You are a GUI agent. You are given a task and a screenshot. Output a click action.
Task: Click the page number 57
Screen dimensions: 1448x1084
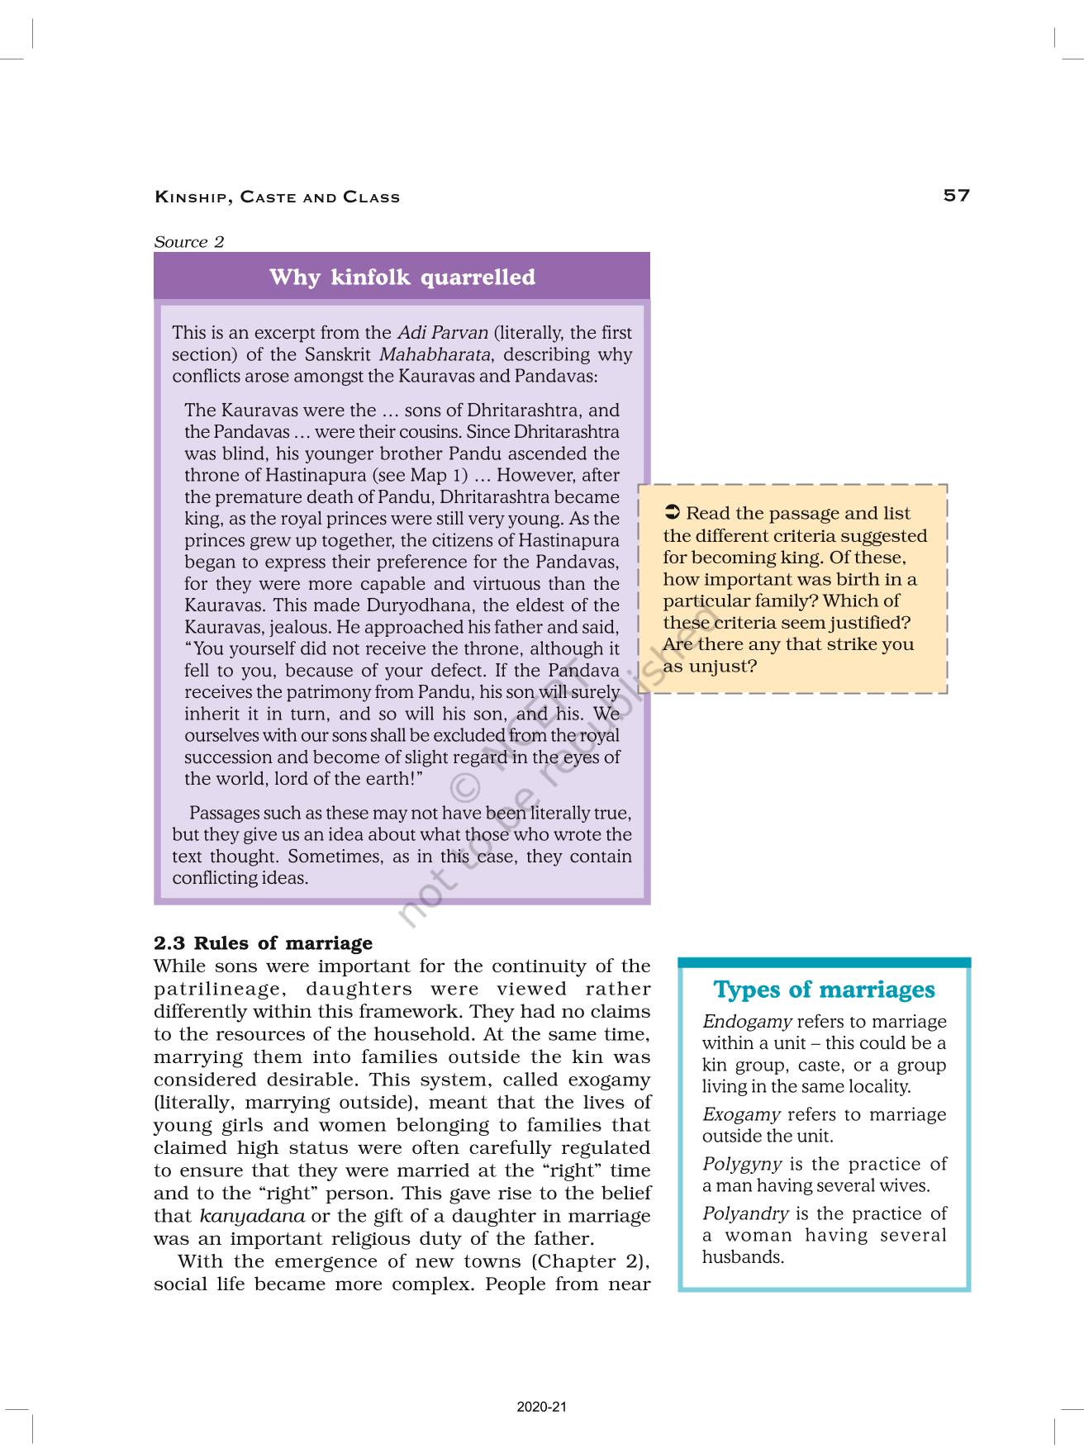pos(956,196)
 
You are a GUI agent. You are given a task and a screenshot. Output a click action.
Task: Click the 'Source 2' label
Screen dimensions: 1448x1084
pos(188,242)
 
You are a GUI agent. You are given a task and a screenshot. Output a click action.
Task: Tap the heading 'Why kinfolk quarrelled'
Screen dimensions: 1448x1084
pos(402,277)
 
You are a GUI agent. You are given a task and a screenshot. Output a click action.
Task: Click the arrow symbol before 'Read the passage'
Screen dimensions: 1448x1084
pos(672,513)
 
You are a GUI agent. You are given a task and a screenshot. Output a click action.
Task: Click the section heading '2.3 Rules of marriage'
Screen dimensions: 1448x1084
pos(263,943)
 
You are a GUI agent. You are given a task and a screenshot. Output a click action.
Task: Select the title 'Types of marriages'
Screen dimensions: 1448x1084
pos(824,990)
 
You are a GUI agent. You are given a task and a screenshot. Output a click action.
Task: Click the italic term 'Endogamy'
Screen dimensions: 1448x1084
pos(747,1022)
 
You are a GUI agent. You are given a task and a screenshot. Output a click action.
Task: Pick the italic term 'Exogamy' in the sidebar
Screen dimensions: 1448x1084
pos(741,1114)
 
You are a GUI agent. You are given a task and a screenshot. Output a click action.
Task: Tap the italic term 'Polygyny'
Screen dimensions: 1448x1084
pos(742,1164)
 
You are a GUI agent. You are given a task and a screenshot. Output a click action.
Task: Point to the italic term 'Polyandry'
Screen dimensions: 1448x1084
pos(745,1213)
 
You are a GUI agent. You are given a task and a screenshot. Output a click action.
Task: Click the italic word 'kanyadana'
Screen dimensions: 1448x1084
pos(252,1216)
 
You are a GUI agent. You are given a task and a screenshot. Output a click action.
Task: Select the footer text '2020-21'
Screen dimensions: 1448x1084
pos(542,1407)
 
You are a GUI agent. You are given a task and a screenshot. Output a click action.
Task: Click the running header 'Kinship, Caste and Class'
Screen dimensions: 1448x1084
pos(277,197)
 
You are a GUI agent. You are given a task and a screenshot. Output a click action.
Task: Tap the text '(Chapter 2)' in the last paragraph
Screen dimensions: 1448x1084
pos(590,1261)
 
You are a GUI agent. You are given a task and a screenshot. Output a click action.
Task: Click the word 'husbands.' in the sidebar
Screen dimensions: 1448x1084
pos(743,1257)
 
